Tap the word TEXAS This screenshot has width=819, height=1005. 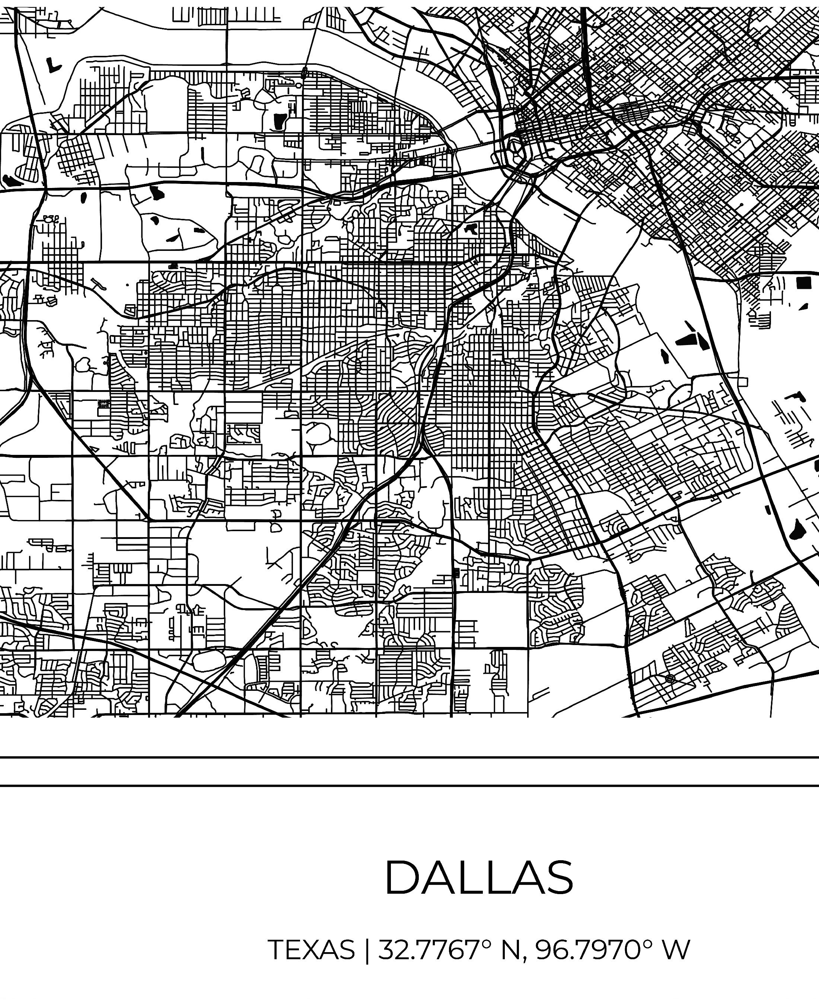(311, 949)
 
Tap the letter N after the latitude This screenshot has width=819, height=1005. (510, 949)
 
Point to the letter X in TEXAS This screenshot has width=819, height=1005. (313, 949)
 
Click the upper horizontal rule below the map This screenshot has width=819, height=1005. (409, 757)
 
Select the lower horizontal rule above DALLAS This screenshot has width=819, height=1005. (409, 786)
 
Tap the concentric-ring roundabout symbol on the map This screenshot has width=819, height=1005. (670, 678)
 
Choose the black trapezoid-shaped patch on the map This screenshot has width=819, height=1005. (280, 121)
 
